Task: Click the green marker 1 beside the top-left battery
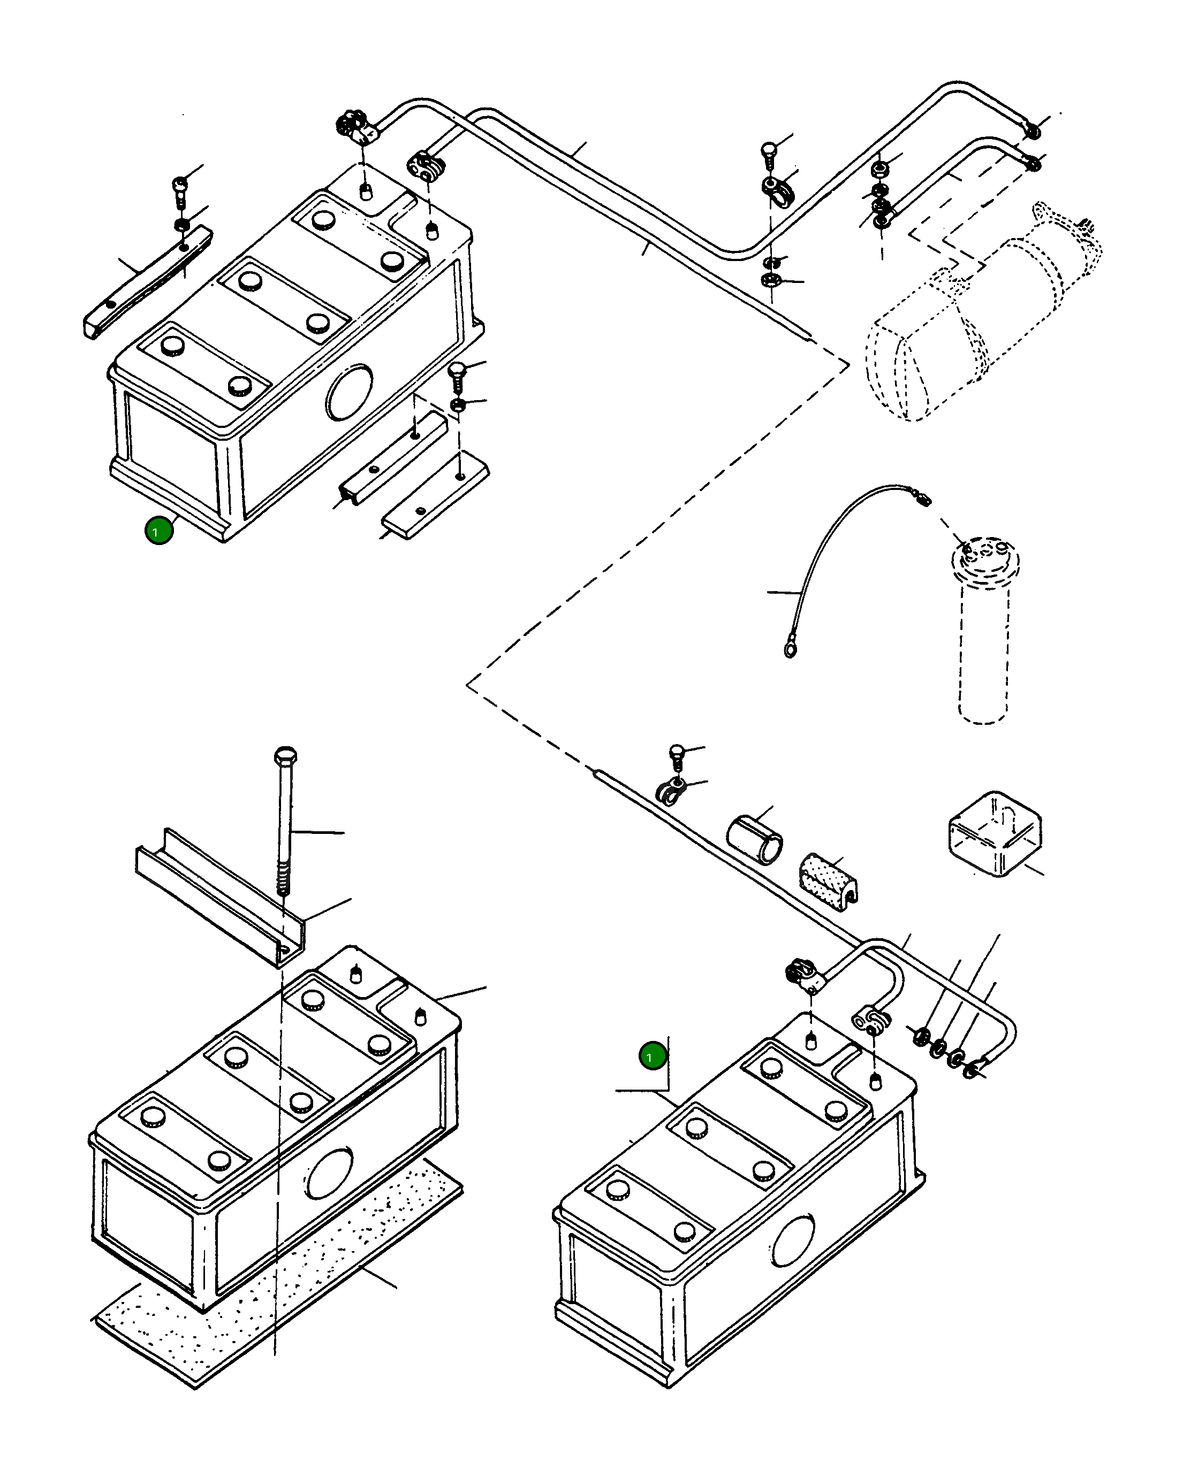tap(159, 530)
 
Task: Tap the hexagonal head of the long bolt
tap(285, 756)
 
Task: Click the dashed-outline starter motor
tap(983, 314)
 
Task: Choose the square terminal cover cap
tap(995, 834)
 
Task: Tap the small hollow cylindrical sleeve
tap(754, 839)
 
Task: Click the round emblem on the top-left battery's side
tap(350, 392)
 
